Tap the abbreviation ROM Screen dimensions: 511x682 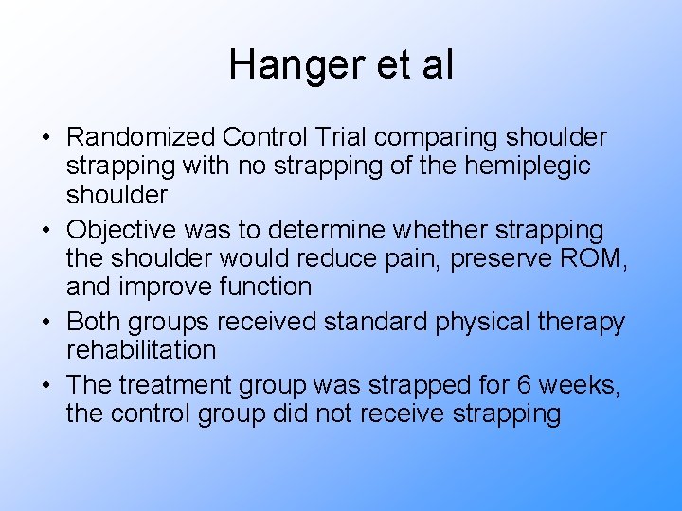594,259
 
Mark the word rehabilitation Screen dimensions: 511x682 141,350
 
